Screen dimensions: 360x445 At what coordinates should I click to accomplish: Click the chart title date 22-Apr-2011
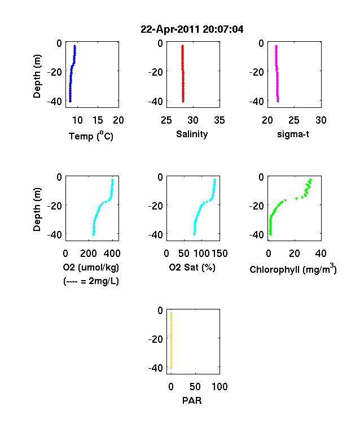pos(170,29)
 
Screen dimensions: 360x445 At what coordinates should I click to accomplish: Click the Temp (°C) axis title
pos(91,136)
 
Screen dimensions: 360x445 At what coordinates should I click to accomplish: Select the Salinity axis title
pos(192,134)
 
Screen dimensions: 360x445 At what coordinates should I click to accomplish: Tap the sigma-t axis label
pos(293,134)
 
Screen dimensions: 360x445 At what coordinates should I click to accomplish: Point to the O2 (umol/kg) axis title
pos(91,267)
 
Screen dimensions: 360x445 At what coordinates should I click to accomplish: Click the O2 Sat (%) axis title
pos(192,267)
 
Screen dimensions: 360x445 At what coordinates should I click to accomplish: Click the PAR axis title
pos(192,400)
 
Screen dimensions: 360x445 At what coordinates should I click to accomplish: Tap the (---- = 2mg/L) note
pos(91,281)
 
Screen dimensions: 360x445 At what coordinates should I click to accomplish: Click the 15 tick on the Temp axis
pos(98,120)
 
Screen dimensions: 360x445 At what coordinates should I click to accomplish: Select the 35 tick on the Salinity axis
pos(219,120)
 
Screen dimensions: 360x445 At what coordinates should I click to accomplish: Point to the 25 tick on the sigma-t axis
pos(294,120)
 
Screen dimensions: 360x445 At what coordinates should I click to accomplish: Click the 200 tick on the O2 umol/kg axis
pos(88,254)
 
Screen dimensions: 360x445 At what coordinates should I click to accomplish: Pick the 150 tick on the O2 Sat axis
pos(219,254)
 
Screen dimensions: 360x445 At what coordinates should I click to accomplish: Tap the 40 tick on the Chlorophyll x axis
pos(321,254)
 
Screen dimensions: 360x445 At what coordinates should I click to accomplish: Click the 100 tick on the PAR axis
pos(219,386)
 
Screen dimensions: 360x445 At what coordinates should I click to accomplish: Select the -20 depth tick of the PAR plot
pos(156,339)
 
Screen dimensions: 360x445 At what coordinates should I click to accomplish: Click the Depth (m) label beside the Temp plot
pos(37,76)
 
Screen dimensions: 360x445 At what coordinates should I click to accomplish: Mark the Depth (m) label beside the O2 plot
pos(37,210)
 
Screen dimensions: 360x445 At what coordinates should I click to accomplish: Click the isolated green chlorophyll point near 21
pos(296,198)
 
